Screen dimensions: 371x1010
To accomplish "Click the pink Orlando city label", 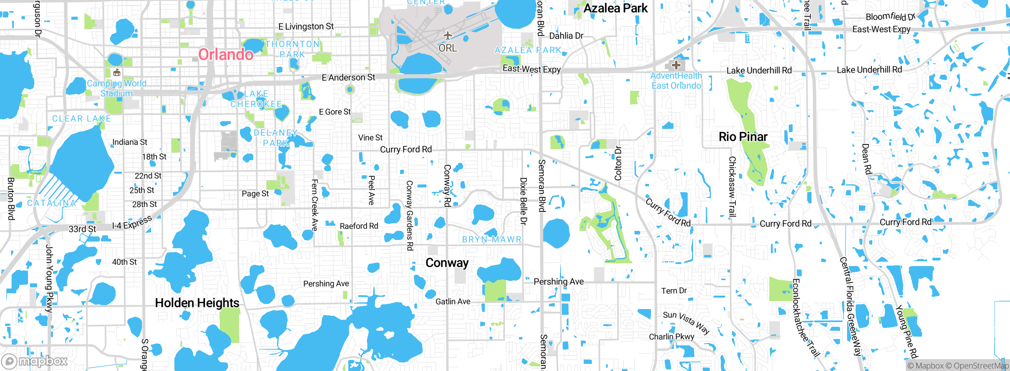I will click(226, 54).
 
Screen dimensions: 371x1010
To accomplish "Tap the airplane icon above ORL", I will click(447, 36).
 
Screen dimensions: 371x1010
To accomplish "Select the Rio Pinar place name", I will click(743, 137).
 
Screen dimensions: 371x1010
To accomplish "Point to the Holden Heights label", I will click(197, 303).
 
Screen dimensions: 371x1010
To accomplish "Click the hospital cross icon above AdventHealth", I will click(676, 65).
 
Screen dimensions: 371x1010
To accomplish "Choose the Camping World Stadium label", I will click(116, 88).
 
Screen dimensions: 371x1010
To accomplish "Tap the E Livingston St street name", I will click(306, 26).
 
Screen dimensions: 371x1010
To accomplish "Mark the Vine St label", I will click(370, 138).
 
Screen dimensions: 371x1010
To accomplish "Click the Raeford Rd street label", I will click(359, 226).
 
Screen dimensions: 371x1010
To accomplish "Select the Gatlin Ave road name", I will click(453, 302).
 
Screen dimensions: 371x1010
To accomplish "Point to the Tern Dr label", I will click(674, 291).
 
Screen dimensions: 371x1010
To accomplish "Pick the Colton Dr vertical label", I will click(618, 163).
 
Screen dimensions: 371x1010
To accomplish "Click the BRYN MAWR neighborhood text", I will click(492, 239).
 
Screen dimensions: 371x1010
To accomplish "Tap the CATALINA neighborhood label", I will click(52, 203).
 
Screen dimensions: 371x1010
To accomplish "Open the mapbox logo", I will click(35, 361).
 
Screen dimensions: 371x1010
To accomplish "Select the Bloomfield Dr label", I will click(890, 17).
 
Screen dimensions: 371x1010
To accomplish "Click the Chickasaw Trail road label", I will click(732, 187).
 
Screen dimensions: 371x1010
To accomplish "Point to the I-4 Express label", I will click(132, 223).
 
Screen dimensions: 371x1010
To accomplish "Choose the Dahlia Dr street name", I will click(566, 36).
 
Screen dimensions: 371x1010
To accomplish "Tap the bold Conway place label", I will click(447, 263).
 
